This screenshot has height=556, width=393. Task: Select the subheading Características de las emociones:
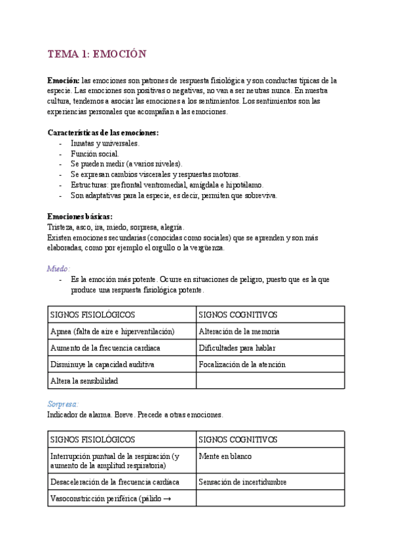pyautogui.click(x=103, y=132)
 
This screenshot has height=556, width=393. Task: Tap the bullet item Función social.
pyautogui.click(x=94, y=153)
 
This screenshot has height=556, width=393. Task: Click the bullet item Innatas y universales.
pyautogui.click(x=104, y=143)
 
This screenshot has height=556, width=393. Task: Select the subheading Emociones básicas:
pyautogui.click(x=80, y=216)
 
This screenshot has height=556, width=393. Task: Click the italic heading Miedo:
pyautogui.click(x=59, y=269)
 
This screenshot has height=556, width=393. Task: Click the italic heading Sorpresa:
pyautogui.click(x=63, y=405)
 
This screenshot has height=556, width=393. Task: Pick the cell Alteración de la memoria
pyautogui.click(x=239, y=332)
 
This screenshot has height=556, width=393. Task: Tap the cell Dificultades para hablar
pyautogui.click(x=236, y=347)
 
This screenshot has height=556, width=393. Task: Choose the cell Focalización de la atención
pyautogui.click(x=242, y=364)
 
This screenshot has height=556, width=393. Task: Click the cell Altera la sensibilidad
pyautogui.click(x=84, y=380)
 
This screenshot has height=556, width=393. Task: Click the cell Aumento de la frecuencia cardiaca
pyautogui.click(x=105, y=347)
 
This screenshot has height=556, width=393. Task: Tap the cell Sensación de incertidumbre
pyautogui.click(x=242, y=482)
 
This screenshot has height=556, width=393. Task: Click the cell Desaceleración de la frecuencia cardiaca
pyautogui.click(x=115, y=482)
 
